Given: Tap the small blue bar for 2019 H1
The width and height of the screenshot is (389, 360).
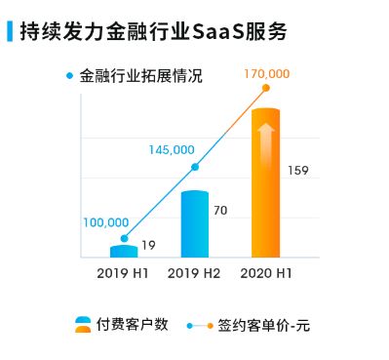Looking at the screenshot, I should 124,251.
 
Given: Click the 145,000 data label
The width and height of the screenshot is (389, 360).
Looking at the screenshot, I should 173,149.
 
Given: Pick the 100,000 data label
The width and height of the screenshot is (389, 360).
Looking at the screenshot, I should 105,222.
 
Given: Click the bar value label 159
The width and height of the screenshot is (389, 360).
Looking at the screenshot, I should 298,172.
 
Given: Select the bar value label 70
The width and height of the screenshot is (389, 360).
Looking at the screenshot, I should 219,211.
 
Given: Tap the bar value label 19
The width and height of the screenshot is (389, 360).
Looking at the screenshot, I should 149,245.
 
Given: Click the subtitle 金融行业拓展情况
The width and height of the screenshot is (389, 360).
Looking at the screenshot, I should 140,75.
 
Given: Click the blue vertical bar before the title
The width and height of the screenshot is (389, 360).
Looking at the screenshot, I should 9,31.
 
